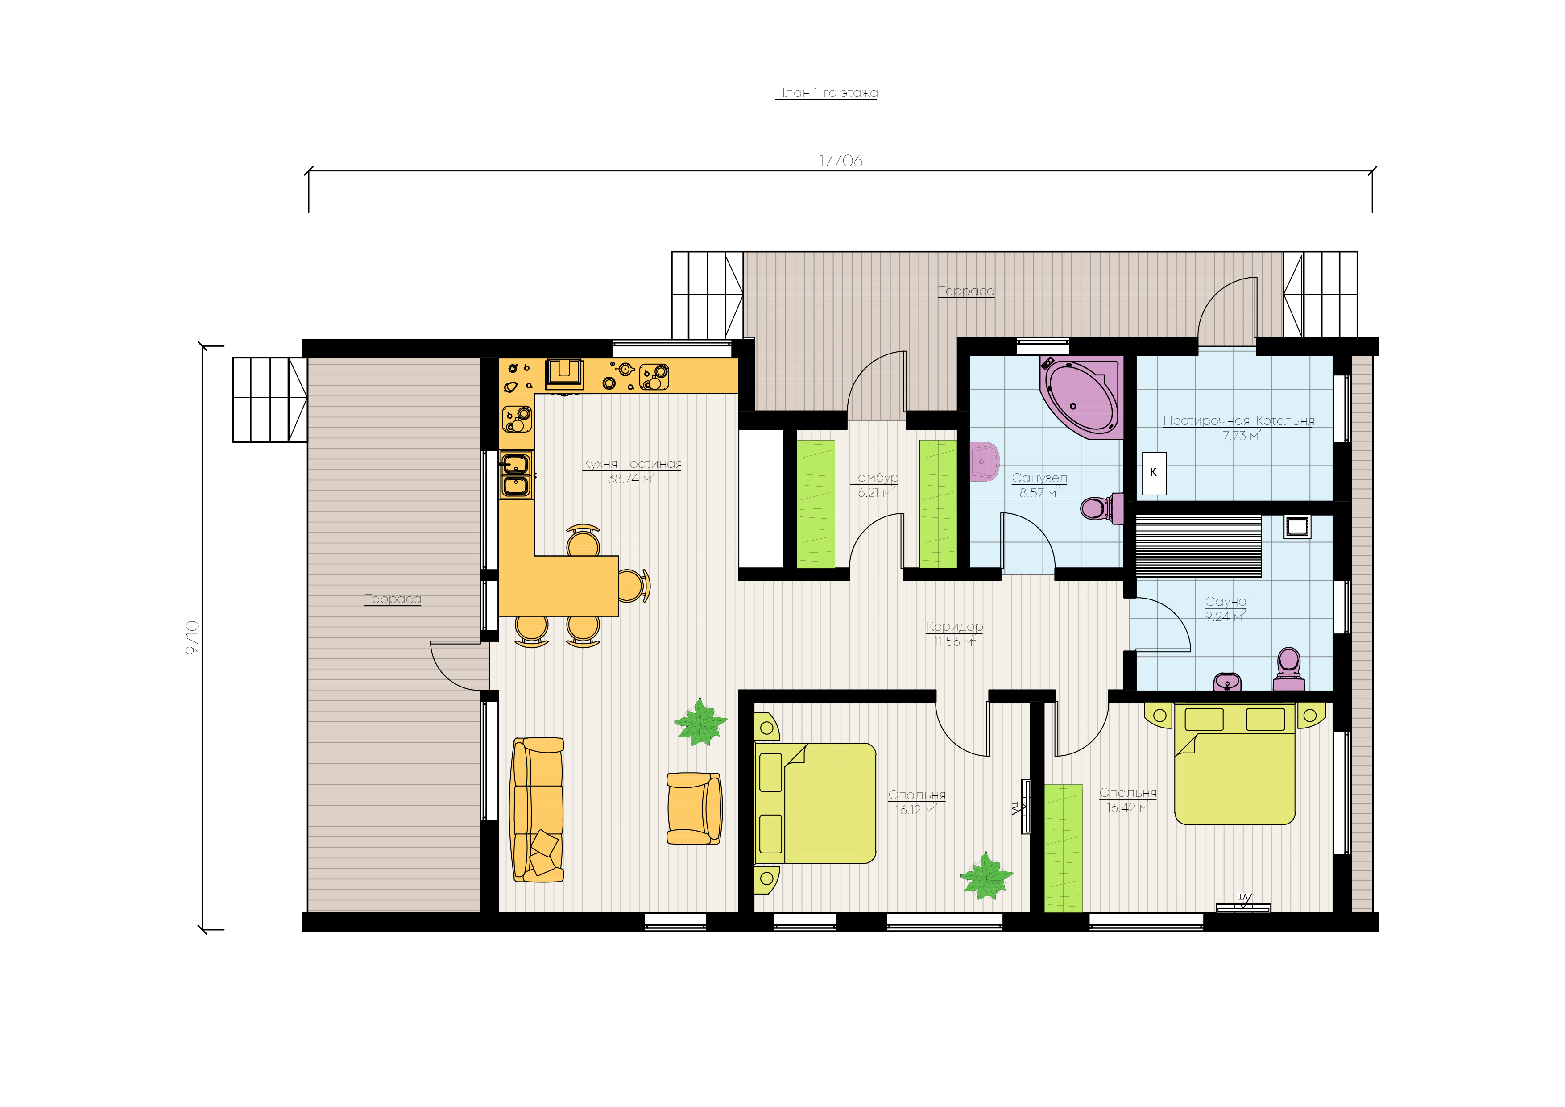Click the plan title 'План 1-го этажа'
[x=826, y=93]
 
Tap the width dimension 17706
[x=840, y=161]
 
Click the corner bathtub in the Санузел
[x=1081, y=396]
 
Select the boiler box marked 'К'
[x=1154, y=473]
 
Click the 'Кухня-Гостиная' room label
[x=632, y=464]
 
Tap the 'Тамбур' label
[x=874, y=478]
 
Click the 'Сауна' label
[x=1226, y=602]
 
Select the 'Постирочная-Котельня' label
[x=1238, y=421]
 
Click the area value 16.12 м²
[x=916, y=810]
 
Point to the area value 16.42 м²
[x=1129, y=807]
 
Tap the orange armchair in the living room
[x=694, y=808]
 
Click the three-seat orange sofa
[x=538, y=810]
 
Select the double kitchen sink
[x=516, y=475]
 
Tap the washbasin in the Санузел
[x=984, y=462]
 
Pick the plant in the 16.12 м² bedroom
[x=986, y=876]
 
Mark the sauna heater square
[x=1297, y=527]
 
